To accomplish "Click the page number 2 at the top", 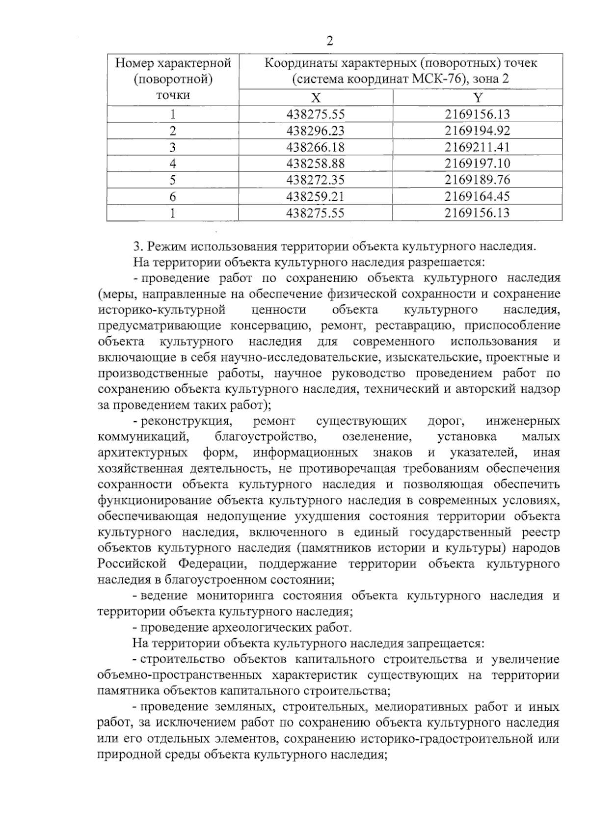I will [329, 41].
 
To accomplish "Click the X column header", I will [316, 97].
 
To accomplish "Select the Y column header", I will [478, 97].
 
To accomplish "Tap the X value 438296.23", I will [316, 131].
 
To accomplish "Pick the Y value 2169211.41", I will [477, 147].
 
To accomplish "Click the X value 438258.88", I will [316, 163].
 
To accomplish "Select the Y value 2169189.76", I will [477, 180].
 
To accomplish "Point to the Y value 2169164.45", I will [477, 196].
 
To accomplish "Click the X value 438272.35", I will [316, 180].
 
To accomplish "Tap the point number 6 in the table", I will [173, 196].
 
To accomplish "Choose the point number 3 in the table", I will [173, 147].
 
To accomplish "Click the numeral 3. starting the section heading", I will [137, 246].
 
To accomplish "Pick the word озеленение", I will [376, 436].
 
